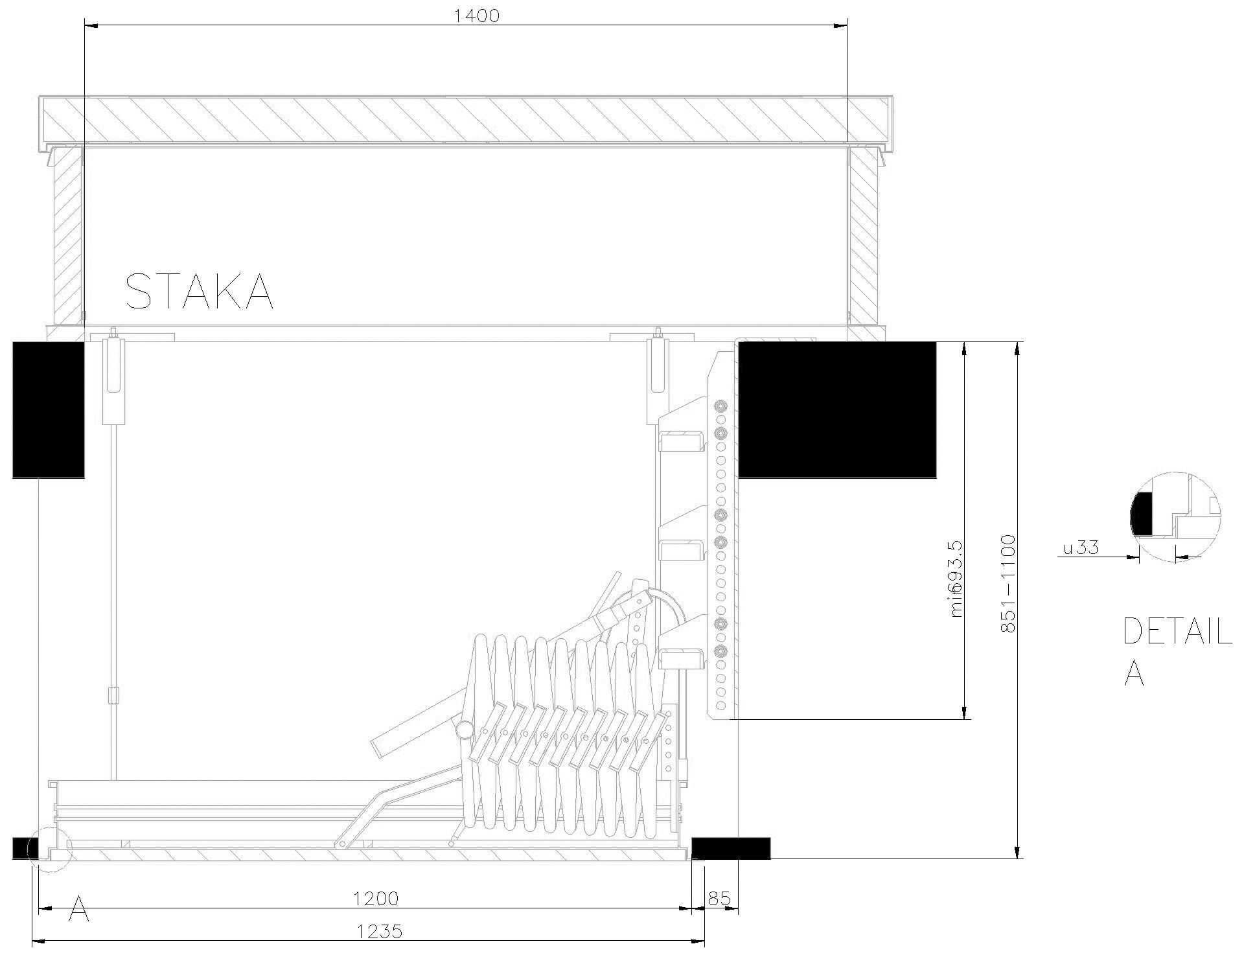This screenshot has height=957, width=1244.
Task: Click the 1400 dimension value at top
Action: click(476, 16)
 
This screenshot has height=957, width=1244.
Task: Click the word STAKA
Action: click(199, 292)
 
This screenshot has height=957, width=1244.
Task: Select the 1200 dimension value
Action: click(376, 899)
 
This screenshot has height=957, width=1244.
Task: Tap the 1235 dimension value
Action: click(380, 932)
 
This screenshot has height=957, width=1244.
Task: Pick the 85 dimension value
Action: click(719, 899)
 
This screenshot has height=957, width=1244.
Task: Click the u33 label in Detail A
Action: click(1081, 548)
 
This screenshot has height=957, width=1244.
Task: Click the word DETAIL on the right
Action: click(1177, 632)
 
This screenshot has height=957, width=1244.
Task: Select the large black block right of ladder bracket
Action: click(837, 409)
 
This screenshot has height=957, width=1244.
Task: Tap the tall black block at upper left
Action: click(49, 409)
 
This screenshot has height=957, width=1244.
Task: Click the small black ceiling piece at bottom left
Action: click(25, 847)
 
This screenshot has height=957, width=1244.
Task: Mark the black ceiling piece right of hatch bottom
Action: click(731, 847)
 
